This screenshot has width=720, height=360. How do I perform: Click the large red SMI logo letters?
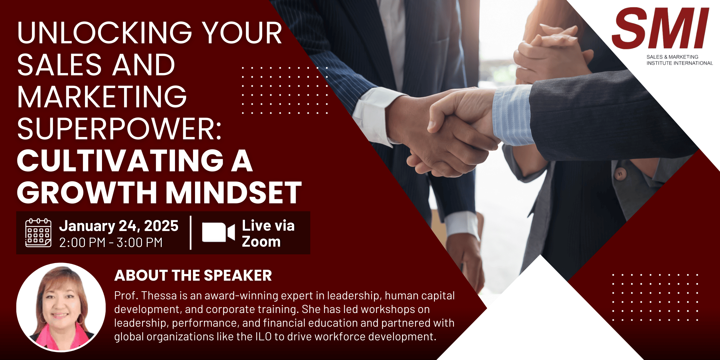660,28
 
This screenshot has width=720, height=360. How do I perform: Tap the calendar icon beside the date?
38,233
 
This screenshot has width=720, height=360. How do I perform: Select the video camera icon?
218,232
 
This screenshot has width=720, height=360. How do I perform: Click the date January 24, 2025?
119,226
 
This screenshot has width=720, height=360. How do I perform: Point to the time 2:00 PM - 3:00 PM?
111,242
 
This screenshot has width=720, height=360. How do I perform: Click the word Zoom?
261,242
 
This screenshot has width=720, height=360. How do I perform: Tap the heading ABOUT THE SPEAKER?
193,275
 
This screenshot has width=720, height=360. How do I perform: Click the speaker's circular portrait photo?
61,307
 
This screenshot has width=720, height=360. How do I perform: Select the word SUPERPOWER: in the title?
119,129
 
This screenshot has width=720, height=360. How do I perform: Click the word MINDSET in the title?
234,193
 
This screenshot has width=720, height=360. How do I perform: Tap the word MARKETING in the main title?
102,97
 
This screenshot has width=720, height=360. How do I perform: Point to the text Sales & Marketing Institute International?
680,60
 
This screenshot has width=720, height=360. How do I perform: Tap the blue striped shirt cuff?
512,115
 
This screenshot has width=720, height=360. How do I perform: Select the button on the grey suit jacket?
620,174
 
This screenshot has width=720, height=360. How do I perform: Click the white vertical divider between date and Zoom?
191,233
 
